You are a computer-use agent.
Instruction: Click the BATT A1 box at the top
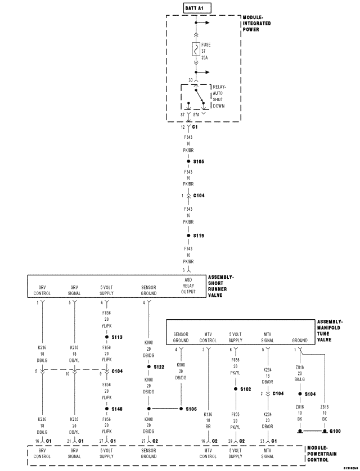tap(195, 8)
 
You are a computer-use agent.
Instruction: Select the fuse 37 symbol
tap(195, 49)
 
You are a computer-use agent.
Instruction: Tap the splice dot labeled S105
tap(189, 161)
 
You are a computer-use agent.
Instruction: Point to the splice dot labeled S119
tap(189, 235)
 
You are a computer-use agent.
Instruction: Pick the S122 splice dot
tap(148, 366)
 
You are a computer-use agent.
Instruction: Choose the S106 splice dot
tap(181, 409)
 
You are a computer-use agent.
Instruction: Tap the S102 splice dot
tap(236, 388)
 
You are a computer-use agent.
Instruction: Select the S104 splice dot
tap(300, 393)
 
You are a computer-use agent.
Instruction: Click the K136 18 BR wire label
tap(208, 419)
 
